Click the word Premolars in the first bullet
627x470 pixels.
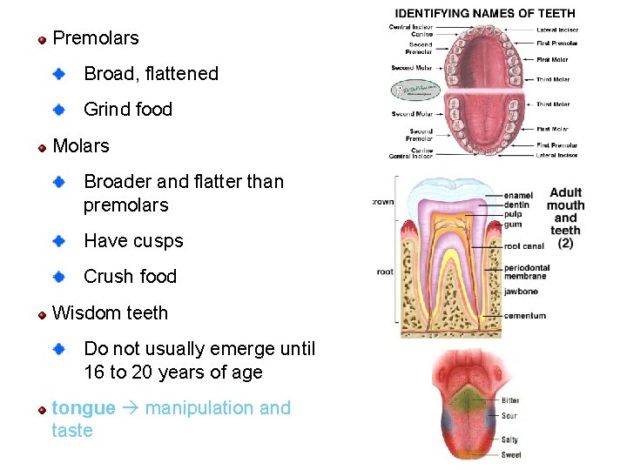[x=96, y=38]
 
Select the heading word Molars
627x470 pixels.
[x=81, y=146]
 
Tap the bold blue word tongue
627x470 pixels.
[x=84, y=408]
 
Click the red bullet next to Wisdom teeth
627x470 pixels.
[x=41, y=313]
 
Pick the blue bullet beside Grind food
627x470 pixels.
[x=59, y=110]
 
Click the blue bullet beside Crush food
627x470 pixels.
[x=59, y=277]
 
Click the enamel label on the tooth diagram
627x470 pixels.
[x=519, y=196]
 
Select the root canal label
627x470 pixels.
[x=523, y=246]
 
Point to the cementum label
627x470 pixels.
[x=525, y=316]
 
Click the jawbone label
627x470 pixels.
[x=521, y=292]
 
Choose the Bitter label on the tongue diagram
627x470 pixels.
[x=510, y=400]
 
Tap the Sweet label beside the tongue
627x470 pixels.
[x=511, y=454]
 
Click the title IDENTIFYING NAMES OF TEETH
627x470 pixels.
[x=485, y=13]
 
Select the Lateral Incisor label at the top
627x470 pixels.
[x=557, y=30]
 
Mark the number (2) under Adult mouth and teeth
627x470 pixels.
[x=565, y=244]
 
